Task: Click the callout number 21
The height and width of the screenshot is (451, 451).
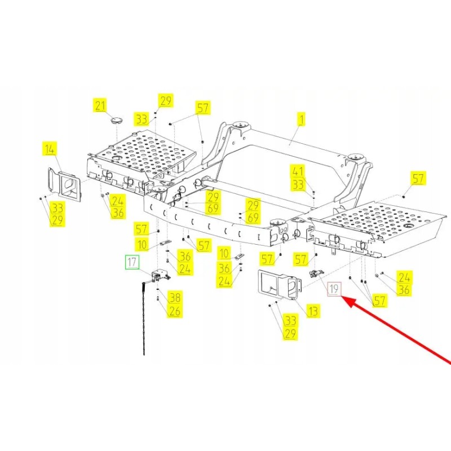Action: pyautogui.click(x=100, y=105)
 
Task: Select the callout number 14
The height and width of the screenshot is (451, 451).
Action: pyautogui.click(x=50, y=149)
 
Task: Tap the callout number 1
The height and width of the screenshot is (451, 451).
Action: pyautogui.click(x=301, y=119)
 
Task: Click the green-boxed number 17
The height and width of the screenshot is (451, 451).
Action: pyautogui.click(x=132, y=262)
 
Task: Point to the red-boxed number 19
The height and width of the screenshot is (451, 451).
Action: pyautogui.click(x=334, y=289)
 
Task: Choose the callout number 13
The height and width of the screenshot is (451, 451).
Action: pyautogui.click(x=313, y=311)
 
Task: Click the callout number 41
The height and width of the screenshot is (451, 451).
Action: pyautogui.click(x=298, y=171)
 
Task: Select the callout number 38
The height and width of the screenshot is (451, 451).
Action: pyautogui.click(x=175, y=298)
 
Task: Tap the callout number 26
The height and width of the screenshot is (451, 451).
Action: pyautogui.click(x=175, y=311)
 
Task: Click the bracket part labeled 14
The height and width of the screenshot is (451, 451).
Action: pyautogui.click(x=64, y=183)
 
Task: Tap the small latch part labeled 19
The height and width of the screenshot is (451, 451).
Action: pyautogui.click(x=316, y=273)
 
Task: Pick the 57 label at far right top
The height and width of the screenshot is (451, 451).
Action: pyautogui.click(x=418, y=178)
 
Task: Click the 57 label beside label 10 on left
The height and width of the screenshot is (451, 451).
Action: pyautogui.click(x=142, y=229)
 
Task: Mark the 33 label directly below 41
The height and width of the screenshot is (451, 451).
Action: pyautogui.click(x=298, y=184)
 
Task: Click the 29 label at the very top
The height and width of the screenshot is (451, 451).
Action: pyautogui.click(x=166, y=101)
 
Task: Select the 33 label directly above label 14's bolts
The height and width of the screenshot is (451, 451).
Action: pyautogui.click(x=57, y=207)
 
